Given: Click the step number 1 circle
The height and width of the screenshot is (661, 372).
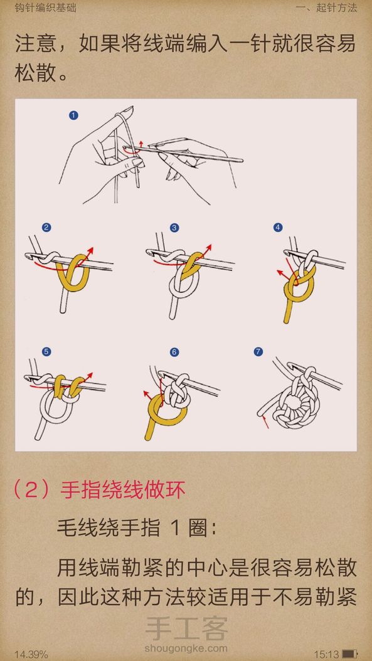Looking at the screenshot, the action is (73, 115).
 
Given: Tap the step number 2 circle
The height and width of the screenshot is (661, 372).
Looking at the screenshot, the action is (46, 228).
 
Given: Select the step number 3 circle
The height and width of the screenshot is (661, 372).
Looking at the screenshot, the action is (174, 228).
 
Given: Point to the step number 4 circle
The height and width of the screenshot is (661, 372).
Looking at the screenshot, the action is (277, 228).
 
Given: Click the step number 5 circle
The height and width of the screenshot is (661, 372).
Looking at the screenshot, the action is (46, 351).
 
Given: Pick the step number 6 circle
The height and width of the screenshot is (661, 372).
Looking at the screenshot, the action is (174, 352).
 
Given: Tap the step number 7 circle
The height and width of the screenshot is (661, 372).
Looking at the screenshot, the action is (258, 351).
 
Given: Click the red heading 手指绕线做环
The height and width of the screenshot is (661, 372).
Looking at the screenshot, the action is (123, 490).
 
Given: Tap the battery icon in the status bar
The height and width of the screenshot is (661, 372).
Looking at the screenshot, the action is (349, 654).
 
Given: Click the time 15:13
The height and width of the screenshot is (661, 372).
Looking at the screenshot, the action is (326, 654).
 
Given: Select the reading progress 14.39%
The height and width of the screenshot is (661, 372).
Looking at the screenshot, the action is (31, 655).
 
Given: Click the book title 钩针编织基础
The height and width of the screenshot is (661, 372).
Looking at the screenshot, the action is (40, 8).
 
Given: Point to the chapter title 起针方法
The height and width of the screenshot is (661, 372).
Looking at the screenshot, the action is (336, 8).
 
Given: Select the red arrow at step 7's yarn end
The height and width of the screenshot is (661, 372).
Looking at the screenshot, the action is (265, 422).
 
